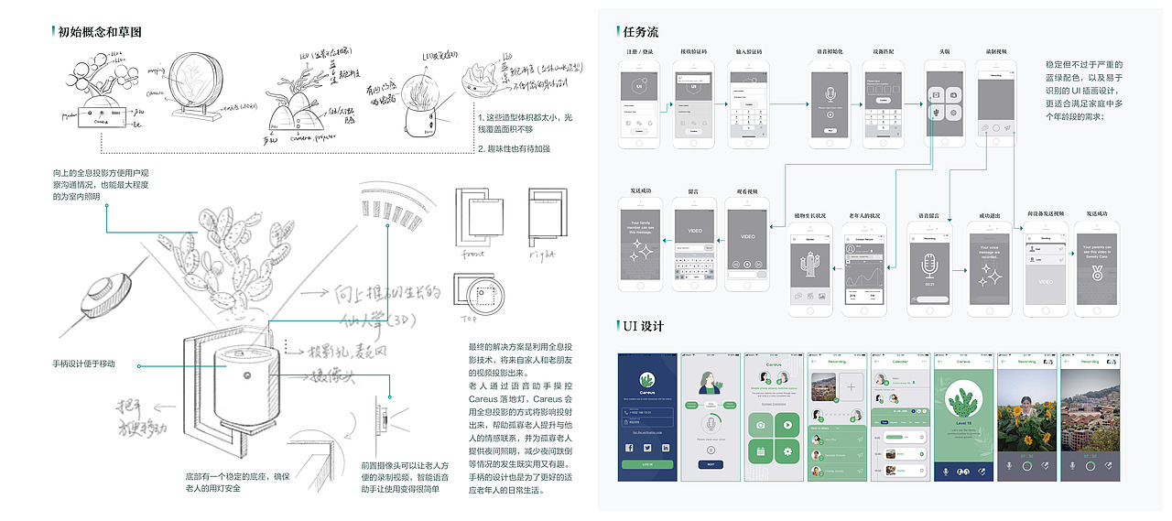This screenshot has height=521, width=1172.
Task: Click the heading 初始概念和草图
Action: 100,32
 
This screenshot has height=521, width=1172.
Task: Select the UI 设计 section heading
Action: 644,327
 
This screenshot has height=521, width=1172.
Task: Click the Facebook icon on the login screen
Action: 630,448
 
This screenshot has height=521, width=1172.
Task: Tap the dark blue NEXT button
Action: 711,463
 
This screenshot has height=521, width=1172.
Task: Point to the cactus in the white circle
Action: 962,402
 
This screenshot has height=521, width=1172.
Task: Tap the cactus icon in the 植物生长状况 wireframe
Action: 808,266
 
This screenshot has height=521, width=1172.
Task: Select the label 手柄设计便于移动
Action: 84,364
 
